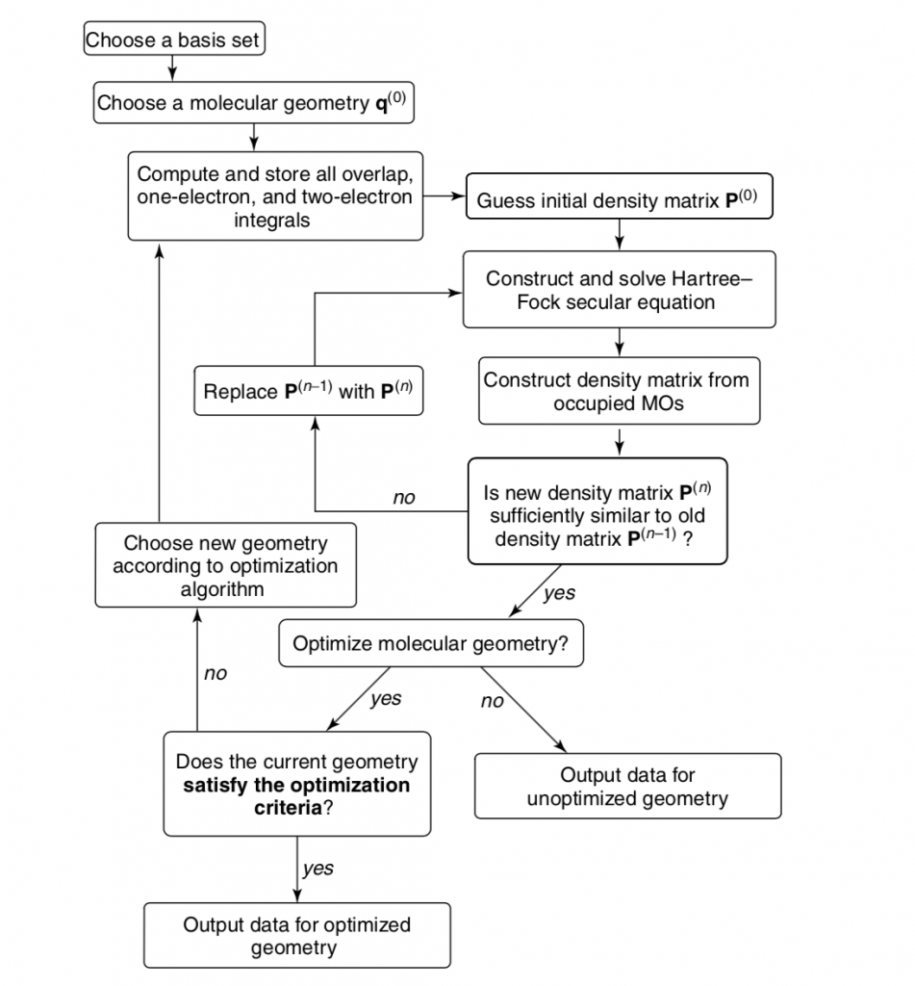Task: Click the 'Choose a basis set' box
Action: [x=174, y=39]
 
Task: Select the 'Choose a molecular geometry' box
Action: [x=254, y=102]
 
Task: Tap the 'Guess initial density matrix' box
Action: [x=620, y=196]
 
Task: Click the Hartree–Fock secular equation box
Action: [x=620, y=289]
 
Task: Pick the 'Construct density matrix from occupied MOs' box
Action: [x=620, y=391]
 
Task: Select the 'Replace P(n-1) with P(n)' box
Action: [x=309, y=391]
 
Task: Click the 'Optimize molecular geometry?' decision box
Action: [x=431, y=643]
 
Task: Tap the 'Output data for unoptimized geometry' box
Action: [x=628, y=786]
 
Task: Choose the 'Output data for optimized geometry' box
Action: [x=297, y=935]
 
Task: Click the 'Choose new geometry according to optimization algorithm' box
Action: [x=225, y=565]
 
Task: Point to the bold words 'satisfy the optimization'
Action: [x=296, y=785]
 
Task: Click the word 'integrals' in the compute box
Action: [x=272, y=221]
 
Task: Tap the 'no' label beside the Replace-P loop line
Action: [x=404, y=498]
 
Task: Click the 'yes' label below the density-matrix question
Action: [x=559, y=593]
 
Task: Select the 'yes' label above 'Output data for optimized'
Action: [x=318, y=869]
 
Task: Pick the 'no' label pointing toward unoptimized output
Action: [x=492, y=701]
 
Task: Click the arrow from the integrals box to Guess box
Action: [x=445, y=196]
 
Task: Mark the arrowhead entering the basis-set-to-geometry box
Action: [x=172, y=75]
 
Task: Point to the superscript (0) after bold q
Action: [x=397, y=97]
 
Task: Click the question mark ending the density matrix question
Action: [x=688, y=539]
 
